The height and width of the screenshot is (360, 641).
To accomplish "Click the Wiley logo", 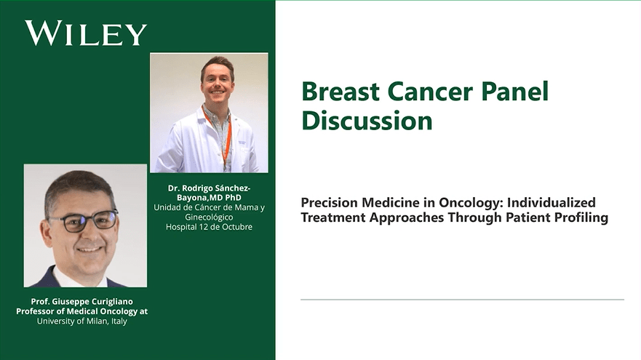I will click(x=86, y=33).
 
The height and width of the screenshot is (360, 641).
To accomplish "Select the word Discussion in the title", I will click(x=367, y=121).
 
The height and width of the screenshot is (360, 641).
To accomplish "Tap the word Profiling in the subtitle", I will click(x=581, y=217).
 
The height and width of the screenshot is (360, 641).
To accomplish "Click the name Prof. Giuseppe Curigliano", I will click(x=81, y=302).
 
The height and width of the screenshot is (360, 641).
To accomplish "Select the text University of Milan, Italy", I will click(x=81, y=321).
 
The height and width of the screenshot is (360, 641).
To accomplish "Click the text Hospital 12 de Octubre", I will click(x=210, y=227).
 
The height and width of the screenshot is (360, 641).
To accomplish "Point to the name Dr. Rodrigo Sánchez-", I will click(x=210, y=188).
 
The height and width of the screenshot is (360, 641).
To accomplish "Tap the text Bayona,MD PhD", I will click(x=210, y=197).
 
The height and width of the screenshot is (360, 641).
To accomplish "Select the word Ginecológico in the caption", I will click(x=210, y=217).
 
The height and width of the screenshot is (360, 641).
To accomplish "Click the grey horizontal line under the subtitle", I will click(x=462, y=299).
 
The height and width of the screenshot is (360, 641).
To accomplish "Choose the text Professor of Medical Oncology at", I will click(x=81, y=311).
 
